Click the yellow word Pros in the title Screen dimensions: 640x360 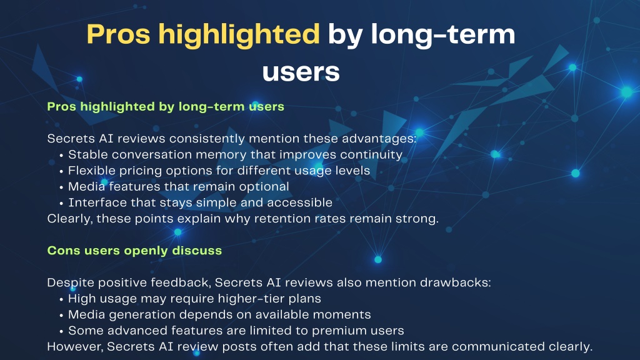click(x=118, y=34)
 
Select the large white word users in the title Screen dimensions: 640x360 click(x=301, y=72)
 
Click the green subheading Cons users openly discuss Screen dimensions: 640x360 click(x=134, y=250)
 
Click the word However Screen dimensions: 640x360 click(x=75, y=347)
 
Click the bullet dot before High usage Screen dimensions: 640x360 click(x=61, y=299)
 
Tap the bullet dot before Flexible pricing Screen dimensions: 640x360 click(x=61, y=171)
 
